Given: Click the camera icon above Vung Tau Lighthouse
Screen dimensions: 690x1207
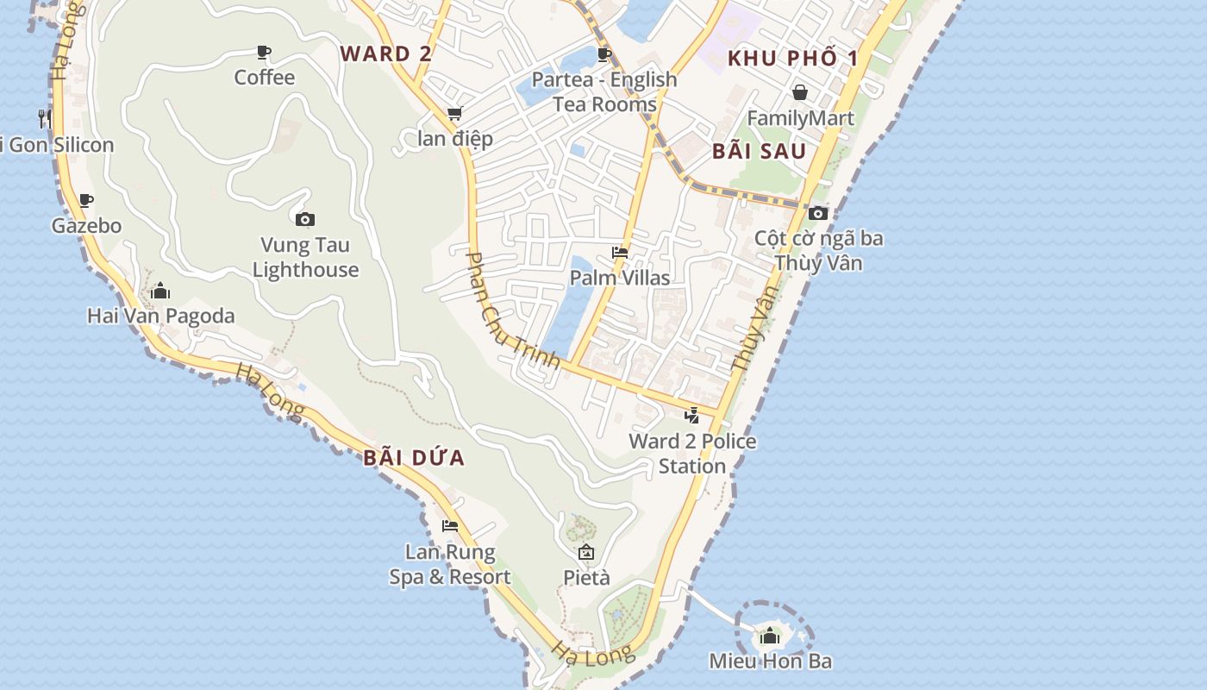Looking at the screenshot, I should [x=304, y=220].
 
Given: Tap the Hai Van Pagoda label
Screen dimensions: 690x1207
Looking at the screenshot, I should [x=161, y=316].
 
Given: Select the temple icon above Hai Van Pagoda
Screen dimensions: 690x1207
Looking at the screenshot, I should [x=160, y=292].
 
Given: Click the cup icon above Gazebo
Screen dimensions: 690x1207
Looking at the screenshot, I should [x=86, y=201].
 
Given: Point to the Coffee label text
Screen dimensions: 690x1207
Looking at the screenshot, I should [x=265, y=78].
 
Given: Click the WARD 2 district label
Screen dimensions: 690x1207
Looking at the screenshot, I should [x=385, y=53].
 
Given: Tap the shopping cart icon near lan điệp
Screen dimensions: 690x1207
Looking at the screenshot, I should [x=454, y=114].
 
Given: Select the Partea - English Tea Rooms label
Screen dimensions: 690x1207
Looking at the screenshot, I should [x=604, y=91].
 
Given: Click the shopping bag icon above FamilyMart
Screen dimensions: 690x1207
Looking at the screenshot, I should [x=800, y=92].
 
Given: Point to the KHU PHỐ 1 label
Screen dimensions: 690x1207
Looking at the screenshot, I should [x=793, y=59].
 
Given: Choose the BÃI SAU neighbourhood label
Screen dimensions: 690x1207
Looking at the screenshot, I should [x=759, y=152].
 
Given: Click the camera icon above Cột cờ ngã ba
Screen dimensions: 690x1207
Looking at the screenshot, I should [x=818, y=213].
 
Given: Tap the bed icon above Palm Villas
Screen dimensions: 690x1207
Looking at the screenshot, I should [x=619, y=253].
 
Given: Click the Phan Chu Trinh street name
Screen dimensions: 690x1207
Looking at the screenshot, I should [x=513, y=310].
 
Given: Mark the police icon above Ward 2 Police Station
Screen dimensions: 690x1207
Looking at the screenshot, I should [x=691, y=416].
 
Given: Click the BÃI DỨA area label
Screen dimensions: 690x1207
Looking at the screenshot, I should [x=414, y=458].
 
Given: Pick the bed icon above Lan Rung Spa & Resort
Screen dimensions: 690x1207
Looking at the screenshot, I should [x=449, y=525].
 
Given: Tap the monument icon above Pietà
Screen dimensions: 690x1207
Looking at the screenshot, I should [x=586, y=552].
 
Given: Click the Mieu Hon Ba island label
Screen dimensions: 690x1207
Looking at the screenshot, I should [x=770, y=662].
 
